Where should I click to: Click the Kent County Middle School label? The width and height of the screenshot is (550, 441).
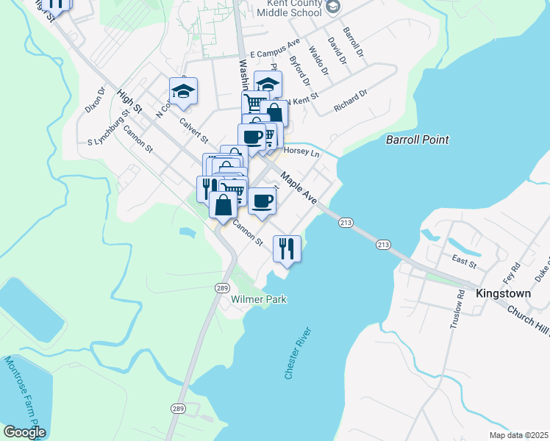tap(287, 8)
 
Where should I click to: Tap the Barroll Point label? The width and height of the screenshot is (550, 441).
tap(418, 140)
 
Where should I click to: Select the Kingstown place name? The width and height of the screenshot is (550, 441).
tap(503, 293)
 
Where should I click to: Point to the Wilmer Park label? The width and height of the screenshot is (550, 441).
tap(258, 299)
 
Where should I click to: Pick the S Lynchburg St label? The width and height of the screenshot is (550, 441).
tap(113, 125)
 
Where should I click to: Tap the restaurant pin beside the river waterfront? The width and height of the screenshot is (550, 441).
tap(286, 248)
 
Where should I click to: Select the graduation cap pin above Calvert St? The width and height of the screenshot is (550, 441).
tap(183, 91)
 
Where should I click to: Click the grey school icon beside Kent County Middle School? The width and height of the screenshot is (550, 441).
tap(333, 7)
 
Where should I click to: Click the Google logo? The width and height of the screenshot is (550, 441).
tap(24, 432)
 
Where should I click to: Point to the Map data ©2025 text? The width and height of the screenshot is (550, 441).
tap(518, 435)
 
